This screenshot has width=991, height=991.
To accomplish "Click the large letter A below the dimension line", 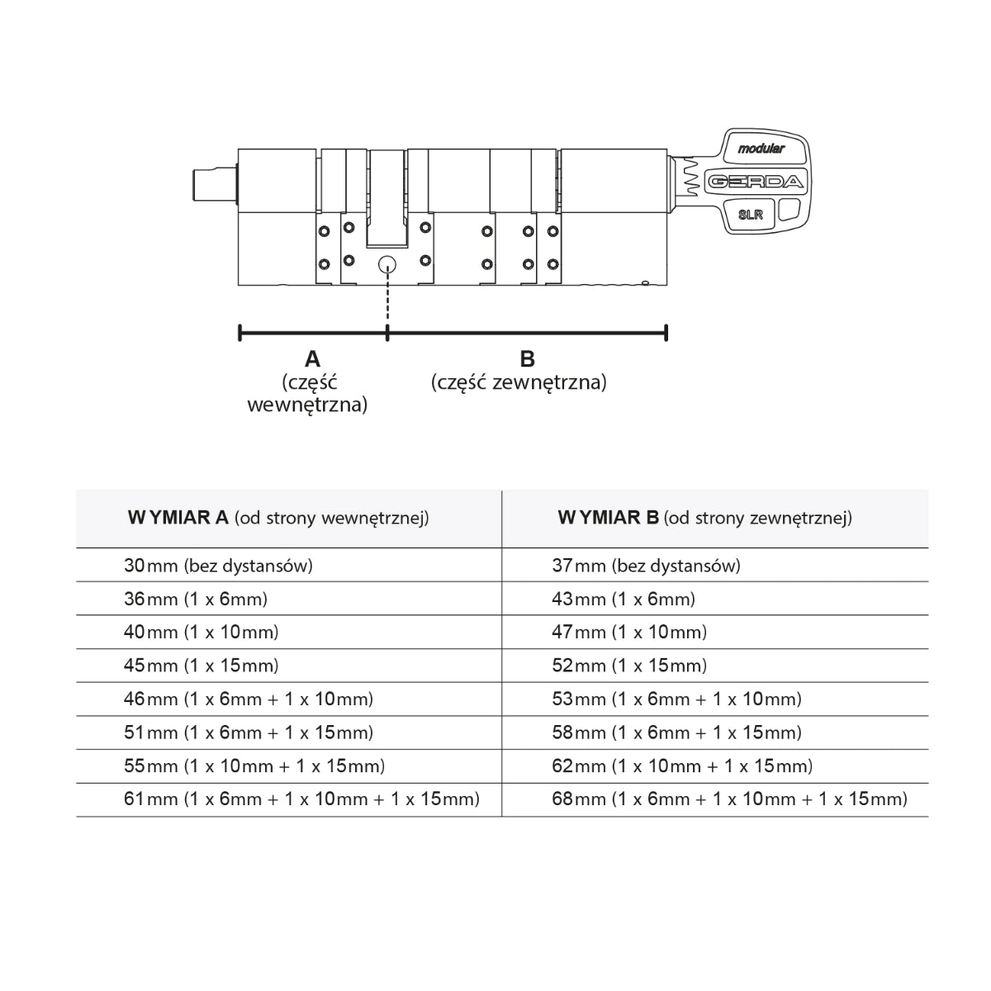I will click(312, 359).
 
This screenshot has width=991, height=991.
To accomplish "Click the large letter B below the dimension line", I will click(527, 359).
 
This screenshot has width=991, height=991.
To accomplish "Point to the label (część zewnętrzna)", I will click(519, 382).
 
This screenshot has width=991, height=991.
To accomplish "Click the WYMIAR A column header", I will click(278, 519).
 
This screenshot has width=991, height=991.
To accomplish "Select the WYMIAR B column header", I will click(704, 519).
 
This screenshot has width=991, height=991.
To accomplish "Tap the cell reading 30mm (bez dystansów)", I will click(218, 566).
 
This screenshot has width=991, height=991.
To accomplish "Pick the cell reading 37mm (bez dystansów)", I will click(646, 566).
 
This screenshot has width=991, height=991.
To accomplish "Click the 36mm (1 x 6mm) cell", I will click(196, 600).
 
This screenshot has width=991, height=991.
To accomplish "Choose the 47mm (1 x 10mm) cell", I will click(629, 633).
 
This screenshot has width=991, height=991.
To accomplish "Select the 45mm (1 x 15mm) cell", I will click(202, 666).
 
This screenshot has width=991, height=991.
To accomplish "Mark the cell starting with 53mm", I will click(676, 699).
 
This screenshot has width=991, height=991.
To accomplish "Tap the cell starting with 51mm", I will click(249, 733).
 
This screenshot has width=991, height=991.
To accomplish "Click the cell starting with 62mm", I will click(682, 766).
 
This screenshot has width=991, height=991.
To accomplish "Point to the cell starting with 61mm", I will click(301, 799).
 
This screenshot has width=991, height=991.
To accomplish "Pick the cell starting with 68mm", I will click(729, 799).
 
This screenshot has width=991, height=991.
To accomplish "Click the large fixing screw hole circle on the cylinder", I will click(386, 264).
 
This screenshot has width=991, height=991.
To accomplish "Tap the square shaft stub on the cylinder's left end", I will click(213, 183).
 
